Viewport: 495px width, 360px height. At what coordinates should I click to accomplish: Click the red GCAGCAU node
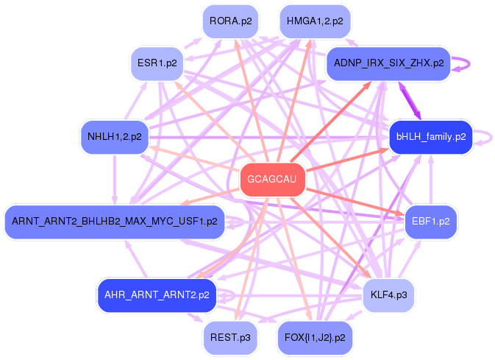(x=272, y=179)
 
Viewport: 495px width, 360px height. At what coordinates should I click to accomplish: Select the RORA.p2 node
(x=230, y=21)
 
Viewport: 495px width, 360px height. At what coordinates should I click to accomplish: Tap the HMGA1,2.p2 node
(x=315, y=21)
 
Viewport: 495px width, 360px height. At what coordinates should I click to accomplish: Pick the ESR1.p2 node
(x=157, y=63)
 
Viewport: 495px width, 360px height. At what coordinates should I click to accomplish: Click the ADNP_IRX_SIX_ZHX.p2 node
(x=388, y=63)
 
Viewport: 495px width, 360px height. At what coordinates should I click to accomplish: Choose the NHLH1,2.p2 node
(x=115, y=137)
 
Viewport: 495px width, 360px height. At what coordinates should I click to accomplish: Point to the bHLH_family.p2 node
(x=431, y=137)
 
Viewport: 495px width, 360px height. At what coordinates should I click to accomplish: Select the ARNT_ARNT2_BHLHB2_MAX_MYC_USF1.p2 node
(x=115, y=222)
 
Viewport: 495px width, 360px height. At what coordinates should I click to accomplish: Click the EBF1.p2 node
(x=430, y=222)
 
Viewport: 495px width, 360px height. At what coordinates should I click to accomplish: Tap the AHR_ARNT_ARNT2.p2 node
(x=157, y=295)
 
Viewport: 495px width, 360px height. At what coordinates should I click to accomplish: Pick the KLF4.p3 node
(x=388, y=295)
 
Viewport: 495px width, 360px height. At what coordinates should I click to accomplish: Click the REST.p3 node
(x=230, y=338)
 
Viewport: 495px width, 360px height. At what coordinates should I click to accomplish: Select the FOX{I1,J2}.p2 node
(x=315, y=338)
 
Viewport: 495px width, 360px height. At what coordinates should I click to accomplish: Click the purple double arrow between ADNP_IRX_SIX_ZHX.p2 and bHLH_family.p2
(x=410, y=101)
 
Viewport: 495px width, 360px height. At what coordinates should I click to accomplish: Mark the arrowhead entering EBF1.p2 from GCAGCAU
(x=399, y=214)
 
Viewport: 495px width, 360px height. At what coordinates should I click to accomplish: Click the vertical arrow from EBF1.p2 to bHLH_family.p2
(x=431, y=180)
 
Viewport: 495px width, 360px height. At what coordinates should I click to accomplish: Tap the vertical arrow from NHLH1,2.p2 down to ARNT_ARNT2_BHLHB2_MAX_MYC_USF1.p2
(x=115, y=180)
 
